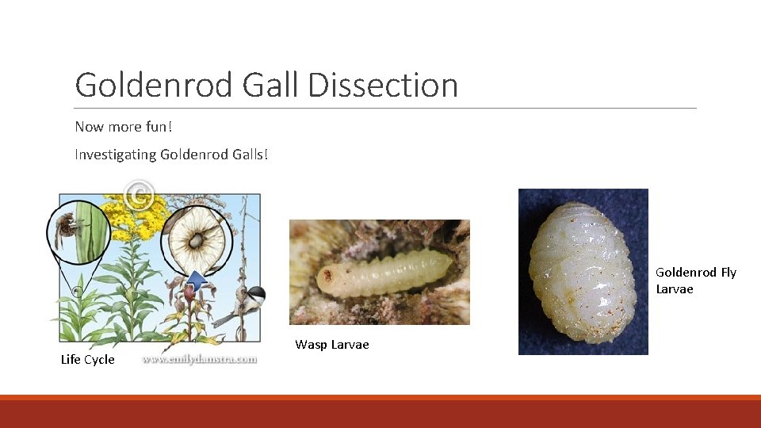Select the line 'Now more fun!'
[x=123, y=127]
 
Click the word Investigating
[x=115, y=155]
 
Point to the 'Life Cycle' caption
[x=87, y=360]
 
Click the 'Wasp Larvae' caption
[x=331, y=344]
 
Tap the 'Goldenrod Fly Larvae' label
[x=695, y=281]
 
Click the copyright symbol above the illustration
[x=140, y=196]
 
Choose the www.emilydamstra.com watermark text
[x=200, y=359]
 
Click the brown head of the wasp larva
[x=326, y=277]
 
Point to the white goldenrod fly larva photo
[x=583, y=271]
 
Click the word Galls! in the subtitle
[x=248, y=155]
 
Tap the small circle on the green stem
[x=78, y=292]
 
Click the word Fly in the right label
[x=728, y=273]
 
